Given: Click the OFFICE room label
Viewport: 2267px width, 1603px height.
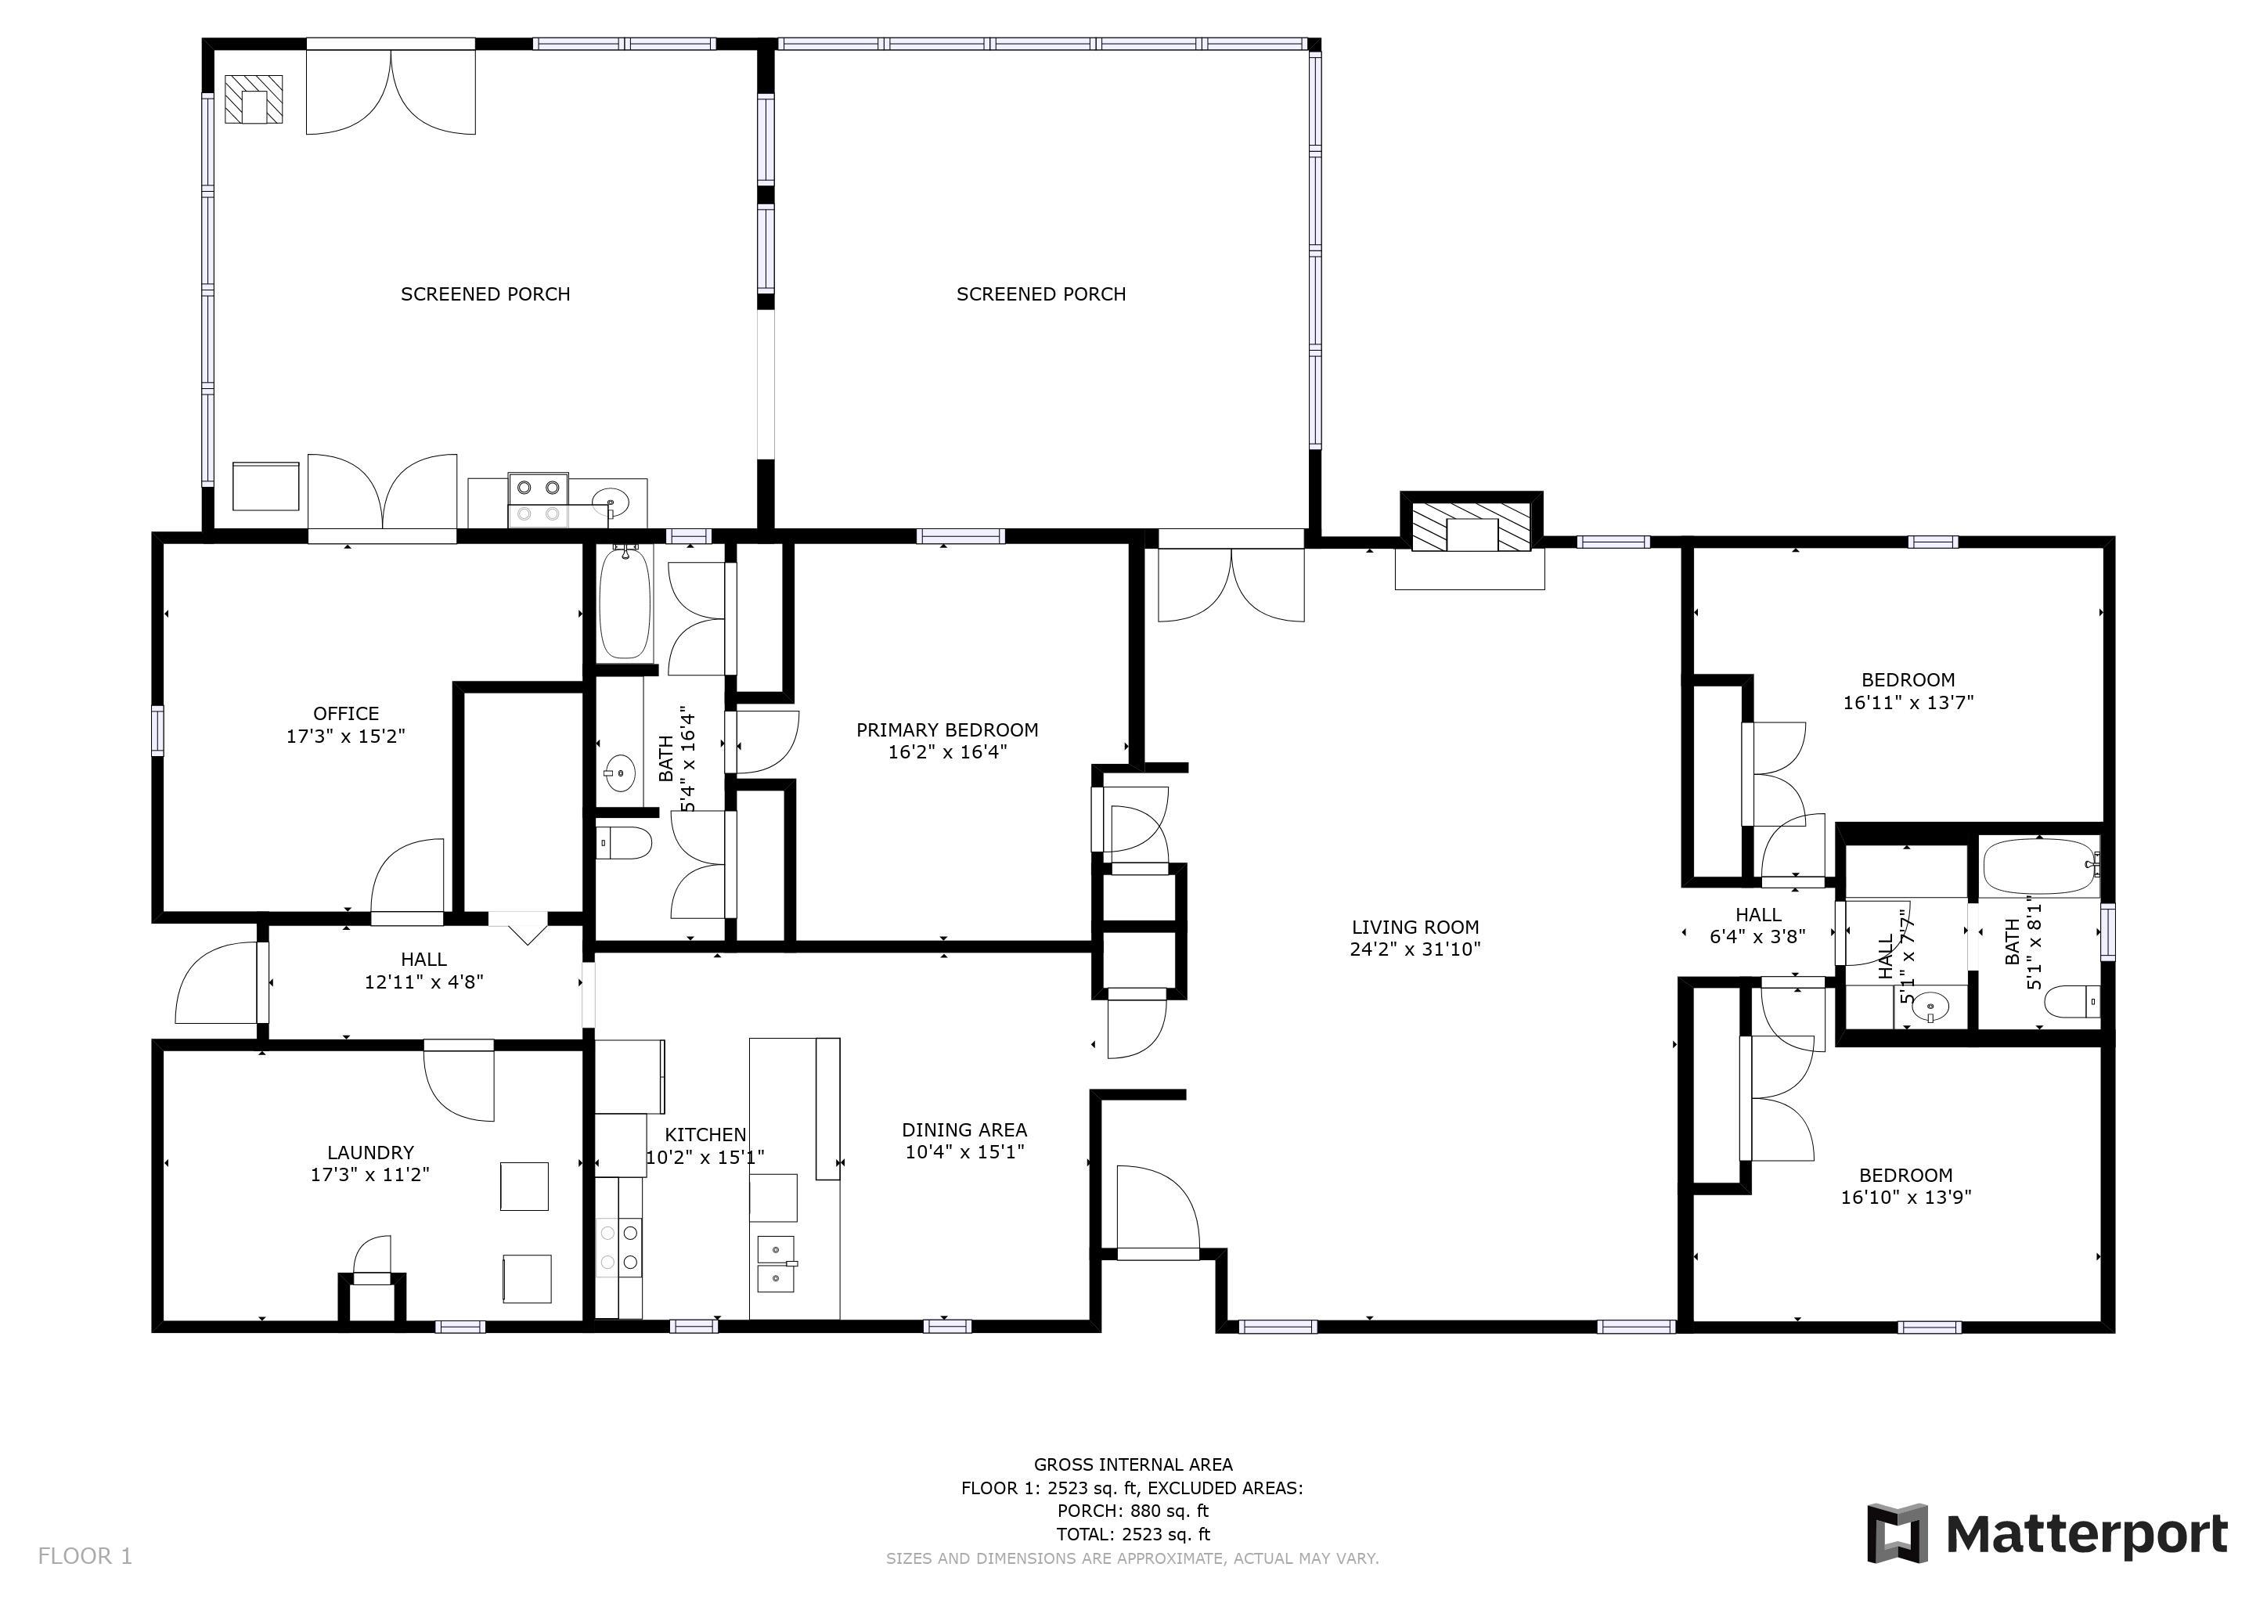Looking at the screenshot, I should tap(345, 713).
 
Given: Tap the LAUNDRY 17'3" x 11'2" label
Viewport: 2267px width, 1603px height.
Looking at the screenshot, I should tap(370, 1163).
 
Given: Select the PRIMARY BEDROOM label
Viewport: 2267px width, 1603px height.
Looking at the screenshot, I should tap(947, 730).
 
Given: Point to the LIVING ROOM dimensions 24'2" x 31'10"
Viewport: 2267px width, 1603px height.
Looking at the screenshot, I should tap(1415, 949).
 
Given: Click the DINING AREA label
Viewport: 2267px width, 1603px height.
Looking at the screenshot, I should tap(964, 1130).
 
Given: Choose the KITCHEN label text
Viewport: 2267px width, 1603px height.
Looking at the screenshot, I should tap(705, 1135).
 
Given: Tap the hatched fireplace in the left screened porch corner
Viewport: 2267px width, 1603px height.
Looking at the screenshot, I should tap(254, 99).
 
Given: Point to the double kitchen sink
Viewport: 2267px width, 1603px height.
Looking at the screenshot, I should tap(775, 1263).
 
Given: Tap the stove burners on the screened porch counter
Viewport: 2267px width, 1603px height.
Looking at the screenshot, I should tap(538, 499).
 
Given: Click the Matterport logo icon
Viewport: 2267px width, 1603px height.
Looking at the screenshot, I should tap(1896, 1533).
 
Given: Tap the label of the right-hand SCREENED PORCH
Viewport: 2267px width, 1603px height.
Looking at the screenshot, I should tap(1040, 294).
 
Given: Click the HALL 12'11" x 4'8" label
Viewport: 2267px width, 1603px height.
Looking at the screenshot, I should tap(423, 971).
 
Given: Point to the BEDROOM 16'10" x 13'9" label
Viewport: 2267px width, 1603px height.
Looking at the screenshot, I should tap(1905, 1187).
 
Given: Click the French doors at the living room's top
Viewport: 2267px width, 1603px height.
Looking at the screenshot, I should tap(1231, 582).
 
